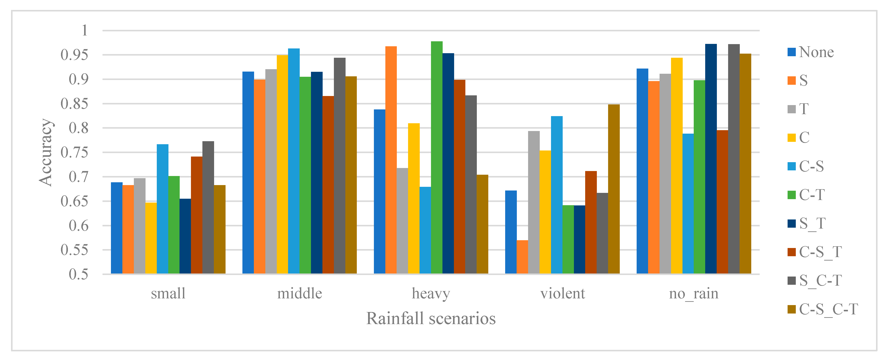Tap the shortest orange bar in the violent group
[522, 257]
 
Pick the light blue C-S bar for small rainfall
[163, 209]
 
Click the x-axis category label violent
[562, 294]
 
